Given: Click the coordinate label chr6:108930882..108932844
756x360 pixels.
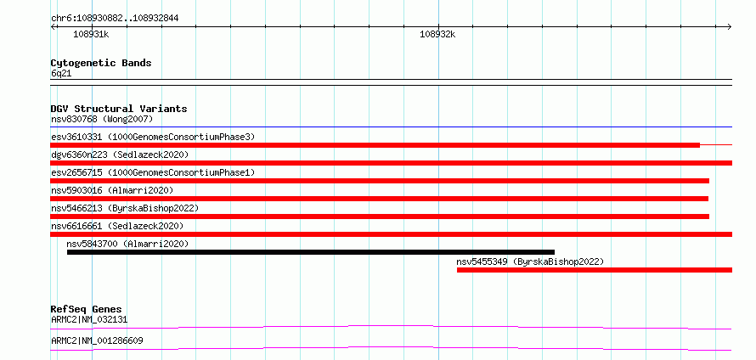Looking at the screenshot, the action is click(x=115, y=19).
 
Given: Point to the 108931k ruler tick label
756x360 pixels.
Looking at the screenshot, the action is click(x=91, y=34).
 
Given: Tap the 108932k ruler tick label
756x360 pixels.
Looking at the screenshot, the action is click(x=437, y=34).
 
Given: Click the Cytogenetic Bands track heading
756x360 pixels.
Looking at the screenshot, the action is click(x=101, y=63).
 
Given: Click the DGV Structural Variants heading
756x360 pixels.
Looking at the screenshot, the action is click(x=119, y=109).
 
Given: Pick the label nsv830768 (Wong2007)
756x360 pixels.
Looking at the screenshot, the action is click(x=102, y=119).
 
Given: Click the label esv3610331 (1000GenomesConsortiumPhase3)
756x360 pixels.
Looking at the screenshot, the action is click(x=153, y=137).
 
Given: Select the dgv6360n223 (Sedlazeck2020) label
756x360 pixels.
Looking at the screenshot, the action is click(x=120, y=155).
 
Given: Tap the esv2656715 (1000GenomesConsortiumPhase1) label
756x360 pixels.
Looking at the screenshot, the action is click(x=153, y=172).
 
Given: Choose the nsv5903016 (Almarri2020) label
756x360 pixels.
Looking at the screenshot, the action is click(x=112, y=190).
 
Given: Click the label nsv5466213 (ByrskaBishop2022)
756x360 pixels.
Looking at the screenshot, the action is click(x=125, y=208).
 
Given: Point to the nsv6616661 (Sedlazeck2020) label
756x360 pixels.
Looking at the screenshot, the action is click(x=117, y=226).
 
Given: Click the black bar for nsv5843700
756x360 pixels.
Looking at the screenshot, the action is click(x=311, y=252).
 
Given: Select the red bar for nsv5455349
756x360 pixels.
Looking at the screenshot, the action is click(x=595, y=270).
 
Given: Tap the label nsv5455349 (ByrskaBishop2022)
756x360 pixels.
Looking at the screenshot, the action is click(x=530, y=262).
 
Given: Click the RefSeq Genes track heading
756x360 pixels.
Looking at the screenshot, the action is click(x=87, y=309).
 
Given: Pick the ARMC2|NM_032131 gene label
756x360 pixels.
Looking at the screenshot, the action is click(x=89, y=319).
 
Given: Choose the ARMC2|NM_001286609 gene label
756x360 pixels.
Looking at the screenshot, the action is click(x=97, y=341).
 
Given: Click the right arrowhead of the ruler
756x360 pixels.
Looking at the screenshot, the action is click(x=730, y=26).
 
